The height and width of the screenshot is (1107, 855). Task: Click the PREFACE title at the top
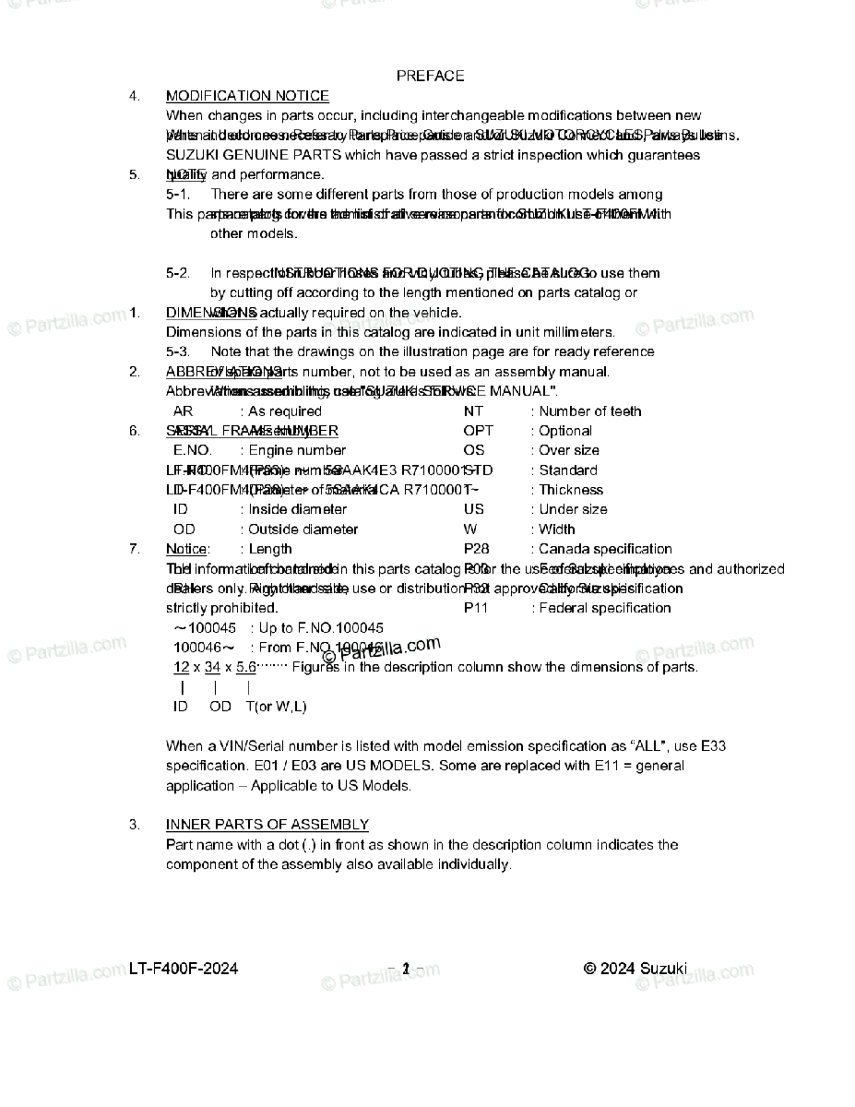point(430,76)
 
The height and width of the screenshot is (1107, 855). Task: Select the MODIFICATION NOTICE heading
point(247,96)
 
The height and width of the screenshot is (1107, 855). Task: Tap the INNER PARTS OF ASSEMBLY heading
point(267,825)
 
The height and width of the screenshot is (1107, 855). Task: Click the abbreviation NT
point(473,411)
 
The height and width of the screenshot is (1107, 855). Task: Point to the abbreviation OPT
point(478,431)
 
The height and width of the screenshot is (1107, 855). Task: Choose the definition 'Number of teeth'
point(589,411)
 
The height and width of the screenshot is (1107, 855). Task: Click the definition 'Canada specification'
point(605,549)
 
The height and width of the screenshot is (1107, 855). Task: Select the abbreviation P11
point(476,608)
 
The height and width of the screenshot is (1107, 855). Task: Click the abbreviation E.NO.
point(192,451)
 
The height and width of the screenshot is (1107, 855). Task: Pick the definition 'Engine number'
point(297,451)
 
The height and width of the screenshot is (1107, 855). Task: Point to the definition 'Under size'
point(573,509)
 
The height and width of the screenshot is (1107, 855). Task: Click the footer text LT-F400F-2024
point(184,969)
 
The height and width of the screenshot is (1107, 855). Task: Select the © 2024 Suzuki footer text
point(635,969)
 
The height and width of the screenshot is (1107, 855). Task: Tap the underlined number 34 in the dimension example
point(212,667)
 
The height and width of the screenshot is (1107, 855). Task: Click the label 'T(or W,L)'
point(276,707)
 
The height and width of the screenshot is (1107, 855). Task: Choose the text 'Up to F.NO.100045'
point(321,628)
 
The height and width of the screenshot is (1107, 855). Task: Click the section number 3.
point(135,825)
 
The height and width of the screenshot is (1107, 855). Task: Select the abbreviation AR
point(183,411)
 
